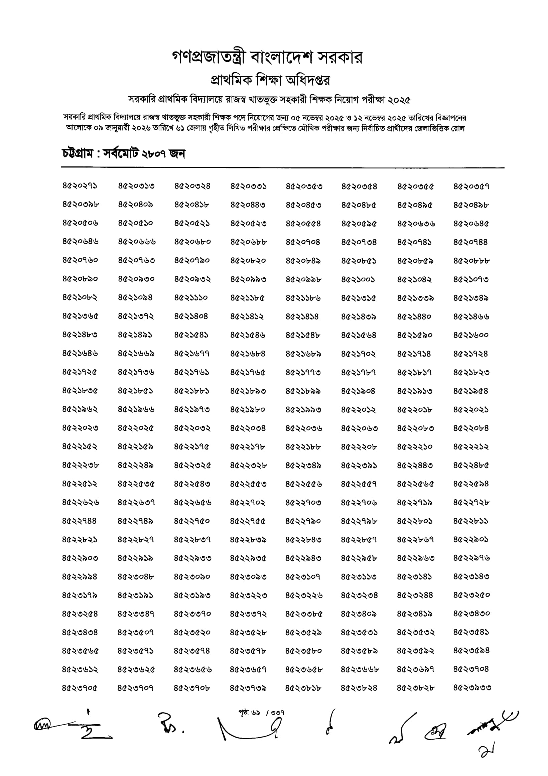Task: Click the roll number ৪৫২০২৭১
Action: pos(80,186)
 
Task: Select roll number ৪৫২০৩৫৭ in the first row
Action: pos(471,186)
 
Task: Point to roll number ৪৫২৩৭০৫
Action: pos(80,688)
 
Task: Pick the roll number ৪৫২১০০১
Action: pos(358,279)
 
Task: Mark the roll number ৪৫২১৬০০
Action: pos(471,335)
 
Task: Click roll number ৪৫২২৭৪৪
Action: pos(80,521)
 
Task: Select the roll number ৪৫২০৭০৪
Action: pos(303,242)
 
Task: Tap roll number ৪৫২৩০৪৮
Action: pos(136,576)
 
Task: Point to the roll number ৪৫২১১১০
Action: pos(191,298)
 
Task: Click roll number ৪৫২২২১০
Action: pos(415,447)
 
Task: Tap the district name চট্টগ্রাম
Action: pos(78,154)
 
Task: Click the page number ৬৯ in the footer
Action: pos(255,713)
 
